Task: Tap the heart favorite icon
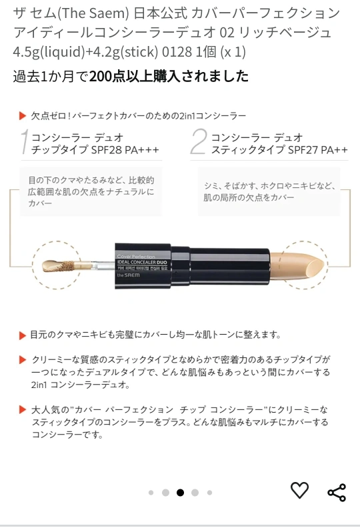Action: point(299,490)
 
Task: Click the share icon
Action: point(337,493)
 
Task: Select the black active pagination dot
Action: point(180,493)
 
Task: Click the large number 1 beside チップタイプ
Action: point(24,142)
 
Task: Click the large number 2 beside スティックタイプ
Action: point(199,142)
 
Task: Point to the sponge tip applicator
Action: point(57,266)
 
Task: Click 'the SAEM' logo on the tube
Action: point(128,275)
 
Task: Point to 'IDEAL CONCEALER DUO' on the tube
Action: point(142,262)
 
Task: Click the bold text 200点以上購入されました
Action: point(169,76)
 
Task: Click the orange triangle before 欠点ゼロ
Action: point(23,116)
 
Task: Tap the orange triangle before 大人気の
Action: point(23,409)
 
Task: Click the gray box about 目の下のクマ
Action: point(91,191)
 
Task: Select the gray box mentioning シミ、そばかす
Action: point(269,191)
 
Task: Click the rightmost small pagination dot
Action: point(209,493)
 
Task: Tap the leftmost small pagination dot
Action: point(151,493)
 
